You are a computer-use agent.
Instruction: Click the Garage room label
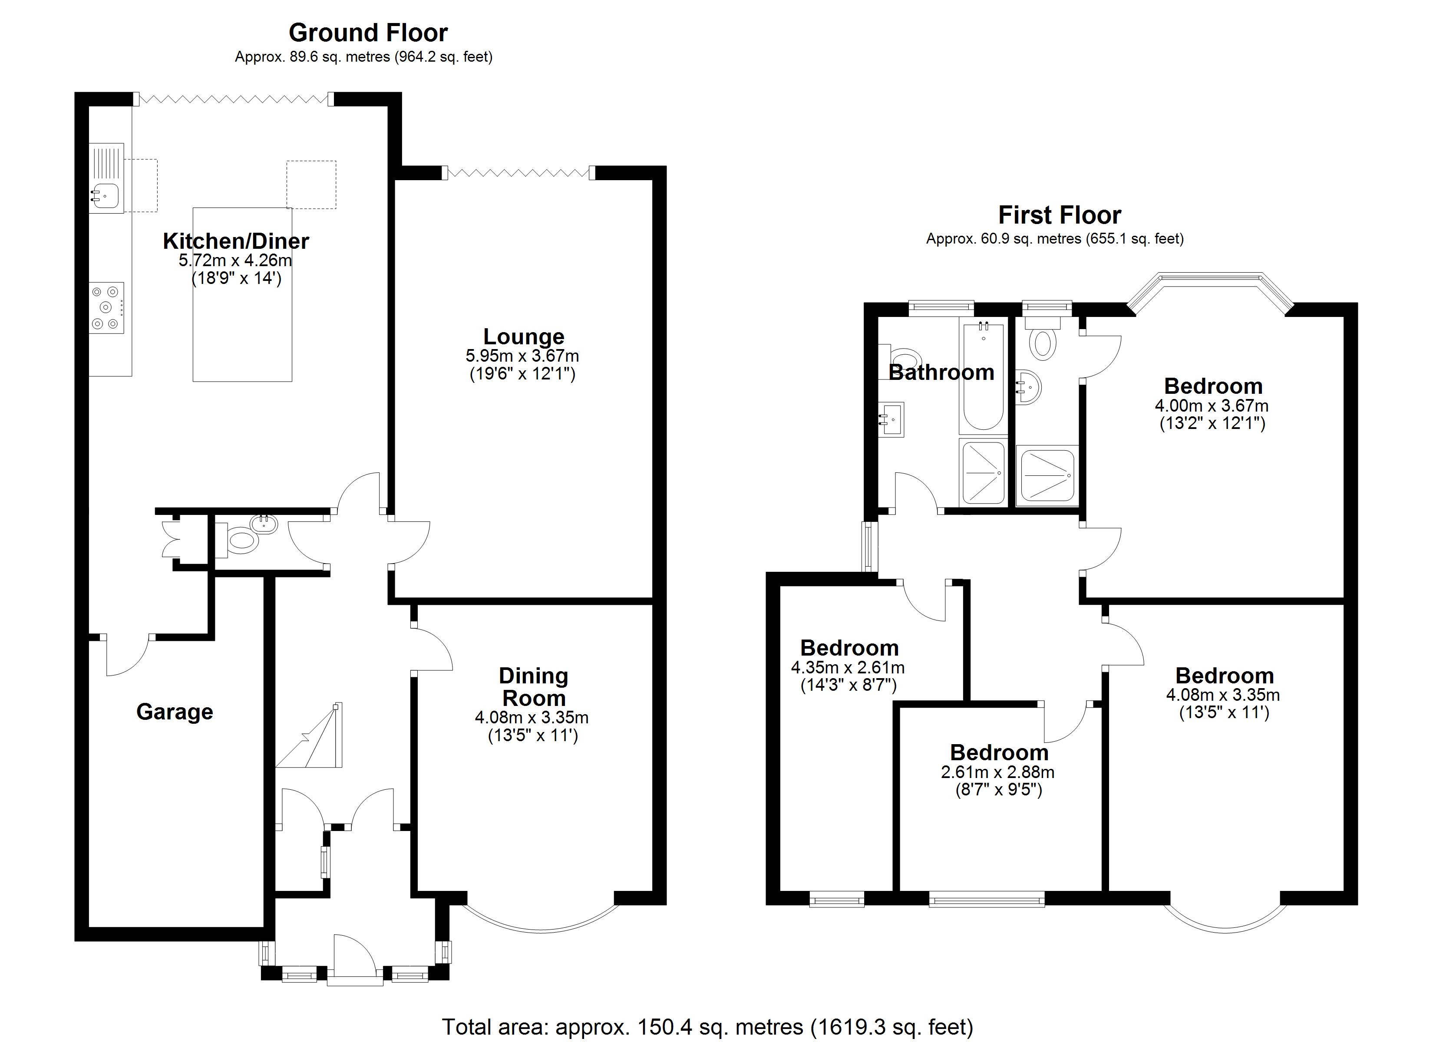175,712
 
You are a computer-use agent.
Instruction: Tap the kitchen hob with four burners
106,308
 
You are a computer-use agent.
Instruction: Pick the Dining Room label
533,688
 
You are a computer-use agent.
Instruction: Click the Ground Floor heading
368,33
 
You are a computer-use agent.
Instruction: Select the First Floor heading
1059,215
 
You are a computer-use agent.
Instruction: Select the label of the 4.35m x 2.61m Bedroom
849,648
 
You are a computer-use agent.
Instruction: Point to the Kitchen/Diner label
236,241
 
